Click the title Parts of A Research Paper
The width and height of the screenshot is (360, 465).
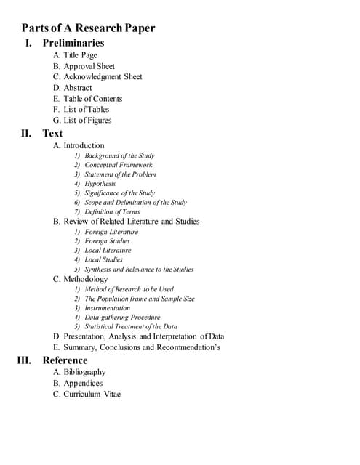click(88, 28)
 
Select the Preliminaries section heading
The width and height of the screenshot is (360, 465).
click(73, 43)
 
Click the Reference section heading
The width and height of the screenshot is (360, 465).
click(65, 360)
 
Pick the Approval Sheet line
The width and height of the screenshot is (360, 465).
click(84, 66)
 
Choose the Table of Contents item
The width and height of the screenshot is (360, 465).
click(87, 99)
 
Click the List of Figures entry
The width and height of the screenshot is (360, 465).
click(82, 121)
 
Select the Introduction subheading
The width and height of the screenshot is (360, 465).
click(79, 145)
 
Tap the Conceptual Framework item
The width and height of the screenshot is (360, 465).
click(118, 165)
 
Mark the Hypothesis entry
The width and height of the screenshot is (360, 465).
click(100, 184)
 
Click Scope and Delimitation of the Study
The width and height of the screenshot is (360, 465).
click(135, 203)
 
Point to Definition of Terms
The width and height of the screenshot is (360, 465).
click(112, 211)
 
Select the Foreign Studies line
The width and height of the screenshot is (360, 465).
click(107, 241)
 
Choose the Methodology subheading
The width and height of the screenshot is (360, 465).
click(80, 279)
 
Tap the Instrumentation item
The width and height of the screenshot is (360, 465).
click(107, 308)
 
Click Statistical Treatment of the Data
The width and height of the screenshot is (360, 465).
click(130, 327)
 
